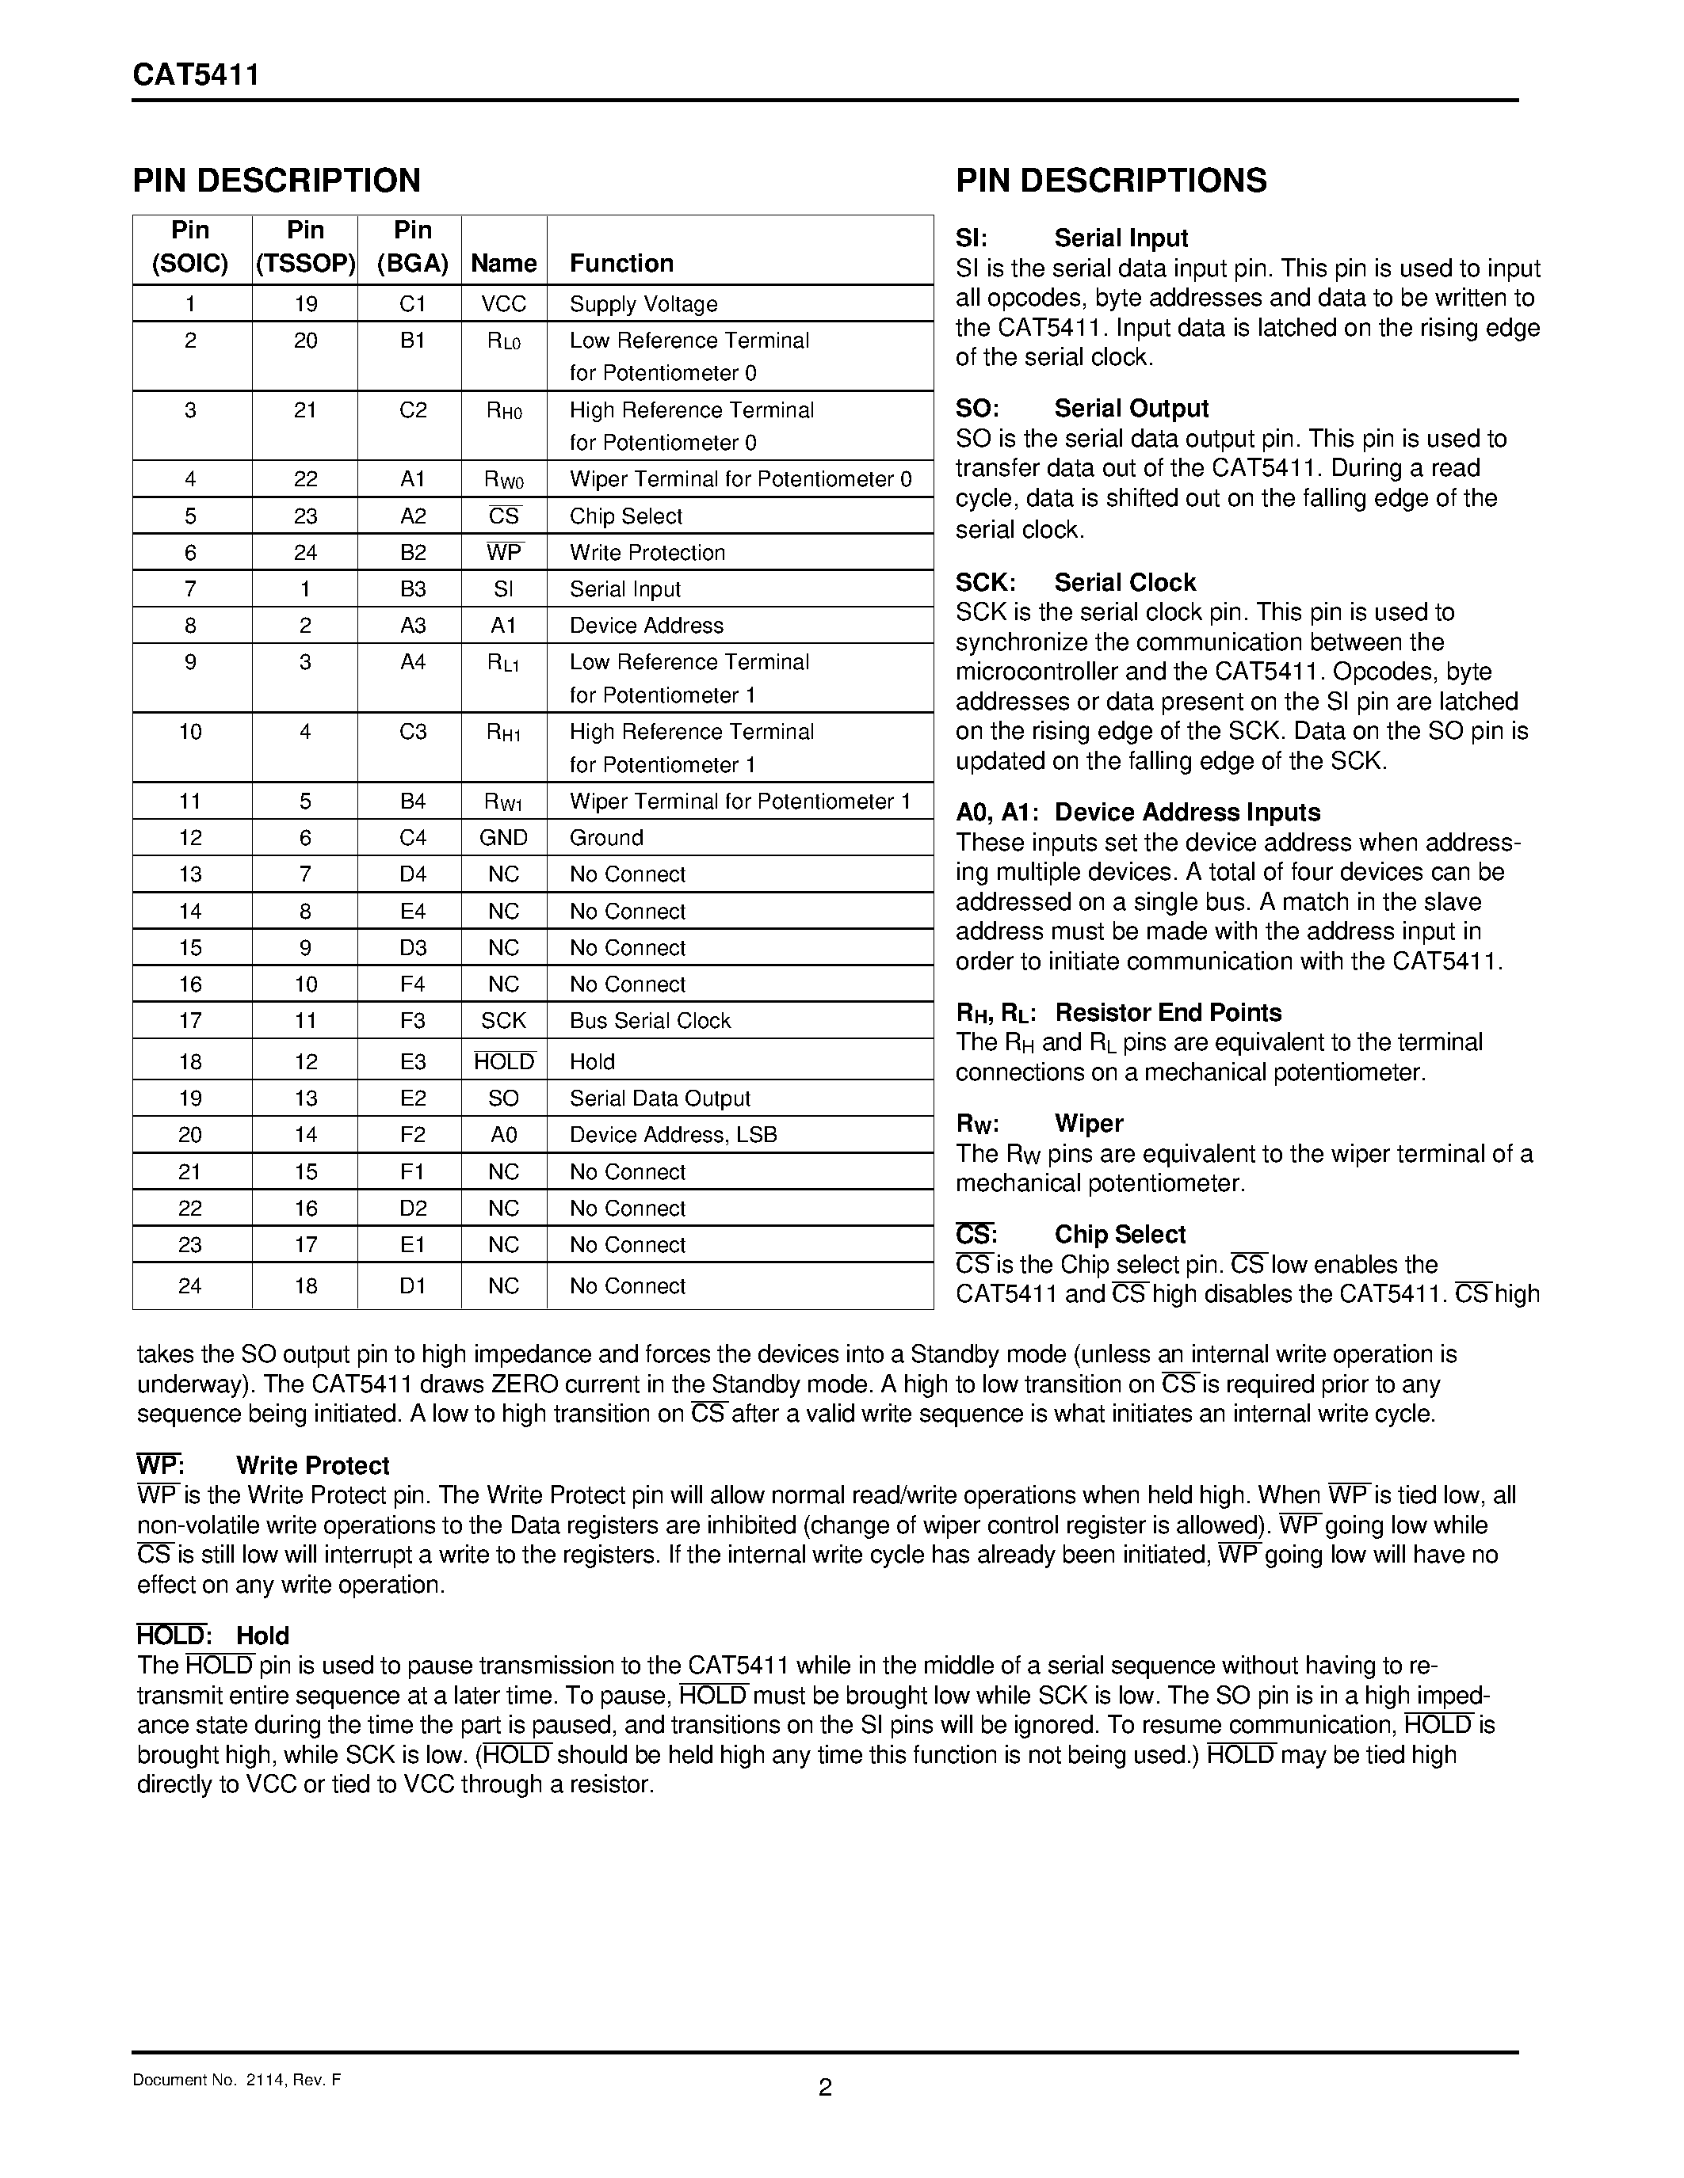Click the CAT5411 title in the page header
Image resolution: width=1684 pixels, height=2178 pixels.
pyautogui.click(x=196, y=76)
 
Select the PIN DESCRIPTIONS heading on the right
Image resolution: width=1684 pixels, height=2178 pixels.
pyautogui.click(x=1110, y=181)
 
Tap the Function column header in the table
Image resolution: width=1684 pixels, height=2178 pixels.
pyautogui.click(x=621, y=263)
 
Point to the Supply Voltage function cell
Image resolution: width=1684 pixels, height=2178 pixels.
pyautogui.click(x=643, y=304)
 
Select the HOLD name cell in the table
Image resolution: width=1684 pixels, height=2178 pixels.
pyautogui.click(x=504, y=1061)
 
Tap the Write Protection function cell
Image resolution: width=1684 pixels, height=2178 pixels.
pyautogui.click(x=647, y=553)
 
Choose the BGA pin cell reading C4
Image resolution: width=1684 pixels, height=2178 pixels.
pyautogui.click(x=412, y=838)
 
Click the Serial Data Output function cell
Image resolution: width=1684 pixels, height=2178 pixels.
pyautogui.click(x=659, y=1098)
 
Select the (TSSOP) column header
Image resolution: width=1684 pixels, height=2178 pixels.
pyautogui.click(x=305, y=263)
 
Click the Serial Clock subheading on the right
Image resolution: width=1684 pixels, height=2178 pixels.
pyautogui.click(x=1125, y=582)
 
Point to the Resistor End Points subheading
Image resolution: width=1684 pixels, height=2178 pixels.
pyautogui.click(x=1167, y=1012)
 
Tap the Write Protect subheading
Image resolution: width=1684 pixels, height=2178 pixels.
pyautogui.click(x=312, y=1465)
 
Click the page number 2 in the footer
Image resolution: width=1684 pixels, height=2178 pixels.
pyautogui.click(x=824, y=2087)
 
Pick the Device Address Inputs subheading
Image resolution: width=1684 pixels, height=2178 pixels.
pyautogui.click(x=1186, y=812)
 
